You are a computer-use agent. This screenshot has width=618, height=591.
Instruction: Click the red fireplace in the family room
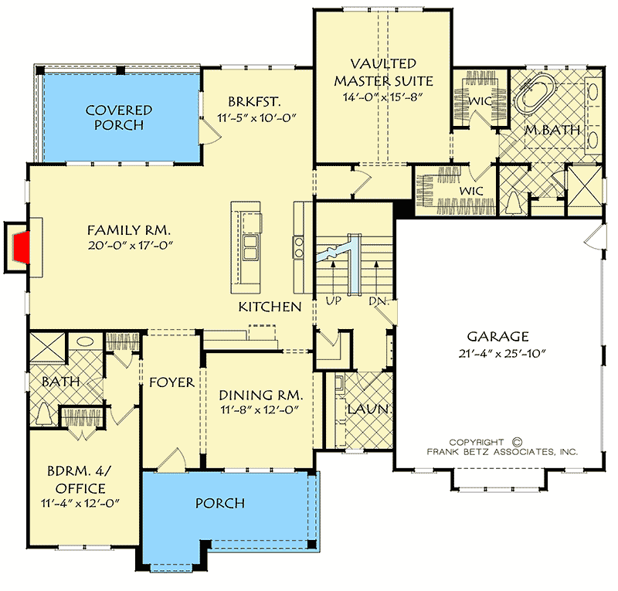pos(22,247)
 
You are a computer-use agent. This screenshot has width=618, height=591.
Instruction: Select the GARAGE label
pos(497,336)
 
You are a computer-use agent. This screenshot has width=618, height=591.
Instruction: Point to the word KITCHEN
pos(269,307)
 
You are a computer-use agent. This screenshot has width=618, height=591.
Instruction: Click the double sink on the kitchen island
pos(250,248)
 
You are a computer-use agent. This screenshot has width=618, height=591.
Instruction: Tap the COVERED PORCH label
pos(118,117)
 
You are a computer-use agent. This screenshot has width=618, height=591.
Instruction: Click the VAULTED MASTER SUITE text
pos(382,72)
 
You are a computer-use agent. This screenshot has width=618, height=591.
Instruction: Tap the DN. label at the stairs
pos(378,301)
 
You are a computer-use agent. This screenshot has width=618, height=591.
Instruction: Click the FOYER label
pos(171,382)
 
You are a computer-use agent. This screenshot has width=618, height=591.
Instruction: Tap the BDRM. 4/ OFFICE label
pos(80,478)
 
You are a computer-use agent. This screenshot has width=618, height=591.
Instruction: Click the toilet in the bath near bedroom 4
pos(44,414)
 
